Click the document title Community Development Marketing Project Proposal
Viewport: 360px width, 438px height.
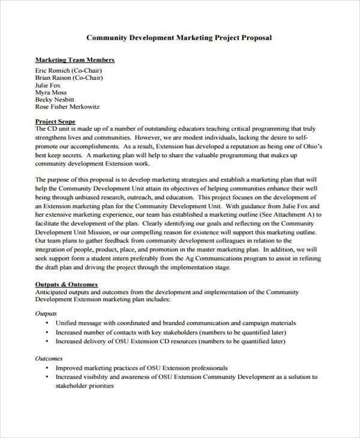click(179, 37)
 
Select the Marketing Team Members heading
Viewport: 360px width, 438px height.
click(74, 60)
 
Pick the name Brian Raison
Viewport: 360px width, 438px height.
click(68, 77)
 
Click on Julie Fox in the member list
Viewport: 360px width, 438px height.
click(47, 85)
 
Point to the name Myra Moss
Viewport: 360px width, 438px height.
click(50, 93)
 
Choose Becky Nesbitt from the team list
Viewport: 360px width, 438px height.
click(55, 100)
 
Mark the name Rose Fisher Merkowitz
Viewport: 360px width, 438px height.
click(67, 107)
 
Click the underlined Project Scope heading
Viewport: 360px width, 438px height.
click(55, 122)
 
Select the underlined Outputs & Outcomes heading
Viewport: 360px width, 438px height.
click(66, 284)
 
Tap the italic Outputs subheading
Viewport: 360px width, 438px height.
click(46, 313)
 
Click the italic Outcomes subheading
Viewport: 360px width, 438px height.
click(49, 358)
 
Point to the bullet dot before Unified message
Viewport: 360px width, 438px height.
click(47, 323)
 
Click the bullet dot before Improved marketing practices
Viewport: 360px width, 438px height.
click(47, 368)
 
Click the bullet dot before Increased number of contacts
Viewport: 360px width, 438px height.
click(47, 332)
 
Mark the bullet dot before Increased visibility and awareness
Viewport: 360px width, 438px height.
click(47, 377)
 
